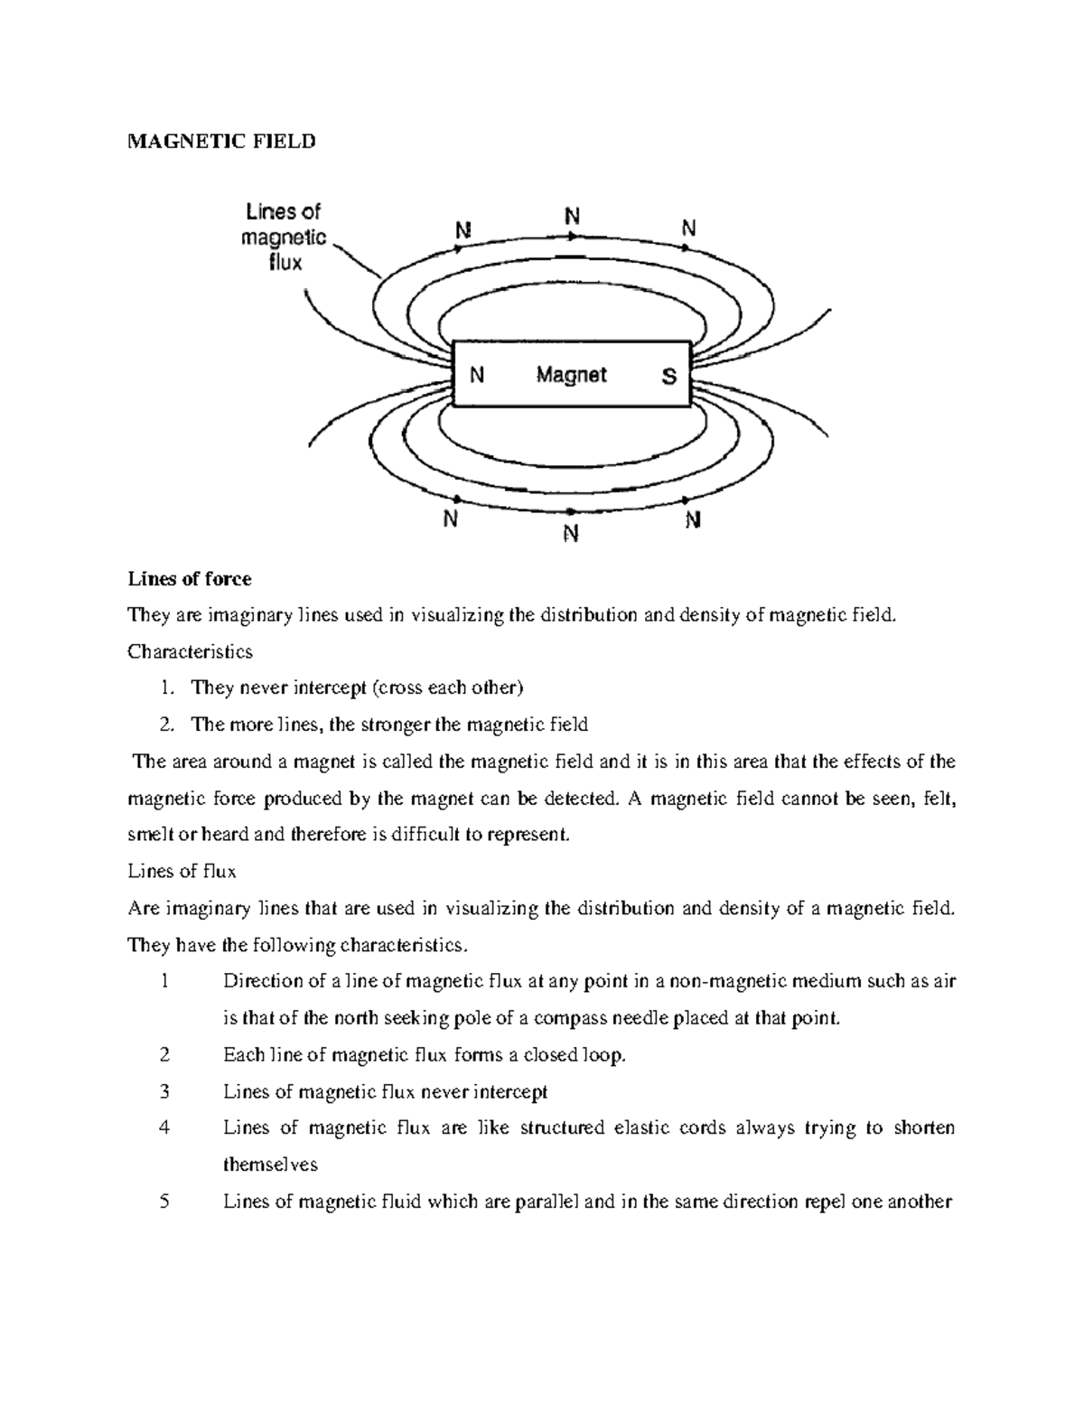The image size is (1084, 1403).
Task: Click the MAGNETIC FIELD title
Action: pyautogui.click(x=221, y=141)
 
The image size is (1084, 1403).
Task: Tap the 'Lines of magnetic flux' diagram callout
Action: pyautogui.click(x=284, y=238)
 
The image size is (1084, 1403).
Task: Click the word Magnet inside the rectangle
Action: pyautogui.click(x=571, y=374)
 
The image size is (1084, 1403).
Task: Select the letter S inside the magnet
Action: pyautogui.click(x=668, y=376)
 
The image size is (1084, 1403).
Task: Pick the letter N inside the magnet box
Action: pyautogui.click(x=476, y=376)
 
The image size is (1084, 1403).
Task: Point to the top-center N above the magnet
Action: pyautogui.click(x=572, y=217)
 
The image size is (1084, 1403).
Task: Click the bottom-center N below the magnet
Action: pyautogui.click(x=570, y=534)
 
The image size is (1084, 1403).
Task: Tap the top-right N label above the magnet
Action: pyautogui.click(x=688, y=229)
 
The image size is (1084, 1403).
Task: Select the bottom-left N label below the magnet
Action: pyautogui.click(x=450, y=520)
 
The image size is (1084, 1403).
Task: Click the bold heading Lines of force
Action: pyautogui.click(x=190, y=578)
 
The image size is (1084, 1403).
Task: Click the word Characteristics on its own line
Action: pyautogui.click(x=190, y=651)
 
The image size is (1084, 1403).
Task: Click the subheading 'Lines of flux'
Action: pyautogui.click(x=182, y=872)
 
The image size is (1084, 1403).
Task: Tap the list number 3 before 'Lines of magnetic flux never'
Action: pyautogui.click(x=164, y=1091)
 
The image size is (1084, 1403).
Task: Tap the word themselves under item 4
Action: pyautogui.click(x=270, y=1164)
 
